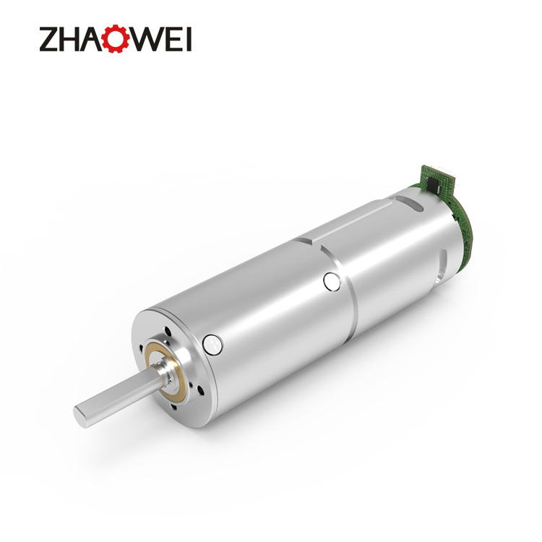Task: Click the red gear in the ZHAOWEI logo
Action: (116, 39)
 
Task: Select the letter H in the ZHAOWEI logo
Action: (72, 39)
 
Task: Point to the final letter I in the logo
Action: (189, 39)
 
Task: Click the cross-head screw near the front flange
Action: (212, 345)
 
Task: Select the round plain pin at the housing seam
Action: (332, 281)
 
